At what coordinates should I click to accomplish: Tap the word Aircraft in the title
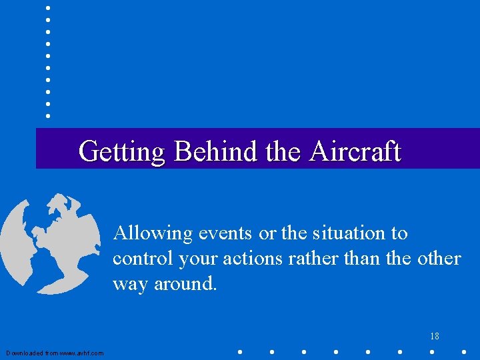click(x=355, y=151)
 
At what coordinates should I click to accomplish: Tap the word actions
click(x=251, y=259)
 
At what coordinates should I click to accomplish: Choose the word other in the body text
click(x=438, y=259)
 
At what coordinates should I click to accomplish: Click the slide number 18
click(x=434, y=337)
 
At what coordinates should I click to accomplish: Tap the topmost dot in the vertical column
click(x=48, y=7)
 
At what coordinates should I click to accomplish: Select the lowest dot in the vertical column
click(x=48, y=115)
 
